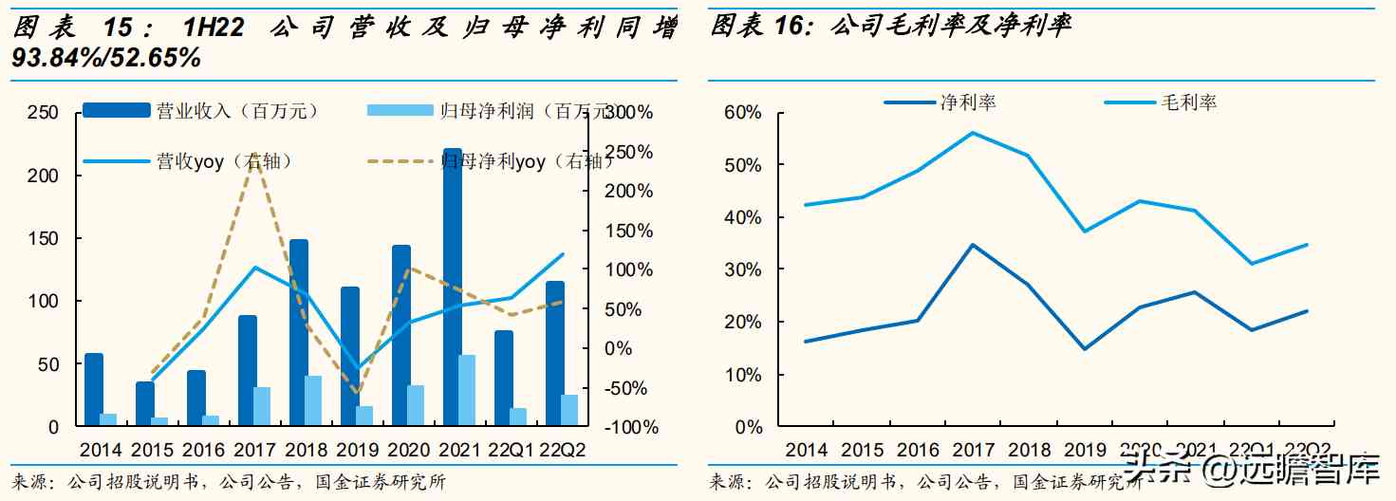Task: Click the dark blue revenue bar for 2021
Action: [x=453, y=285]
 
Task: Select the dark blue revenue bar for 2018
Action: [x=299, y=332]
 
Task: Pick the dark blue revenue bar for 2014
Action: [x=94, y=389]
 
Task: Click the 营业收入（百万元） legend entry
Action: [x=200, y=111]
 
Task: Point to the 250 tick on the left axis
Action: [x=41, y=113]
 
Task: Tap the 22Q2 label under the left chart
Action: [x=562, y=450]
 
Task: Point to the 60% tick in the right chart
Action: [x=743, y=113]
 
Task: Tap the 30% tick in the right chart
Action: [x=743, y=269]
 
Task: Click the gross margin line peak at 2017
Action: [x=973, y=132]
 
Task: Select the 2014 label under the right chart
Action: [x=809, y=450]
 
